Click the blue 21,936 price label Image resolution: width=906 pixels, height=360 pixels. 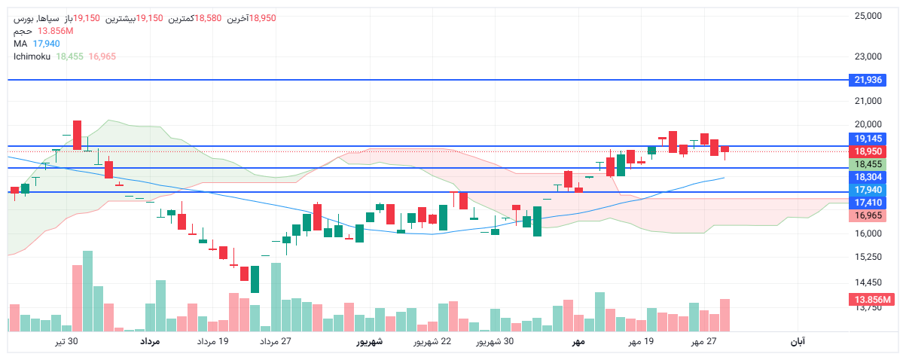click(868, 80)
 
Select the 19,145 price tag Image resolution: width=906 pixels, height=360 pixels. click(868, 139)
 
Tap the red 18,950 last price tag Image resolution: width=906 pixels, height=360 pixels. click(868, 151)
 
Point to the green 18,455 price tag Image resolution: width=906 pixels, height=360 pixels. click(868, 164)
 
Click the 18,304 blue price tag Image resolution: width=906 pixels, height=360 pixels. click(868, 176)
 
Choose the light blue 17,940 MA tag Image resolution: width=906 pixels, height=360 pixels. click(868, 190)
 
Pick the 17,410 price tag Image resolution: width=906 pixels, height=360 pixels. click(868, 203)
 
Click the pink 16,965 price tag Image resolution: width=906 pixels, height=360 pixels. click(868, 215)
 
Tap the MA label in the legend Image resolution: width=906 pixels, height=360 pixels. click(20, 44)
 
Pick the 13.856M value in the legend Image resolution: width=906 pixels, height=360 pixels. click(55, 31)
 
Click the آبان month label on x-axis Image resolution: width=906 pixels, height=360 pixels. click(798, 342)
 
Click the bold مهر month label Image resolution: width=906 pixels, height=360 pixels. click(578, 342)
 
